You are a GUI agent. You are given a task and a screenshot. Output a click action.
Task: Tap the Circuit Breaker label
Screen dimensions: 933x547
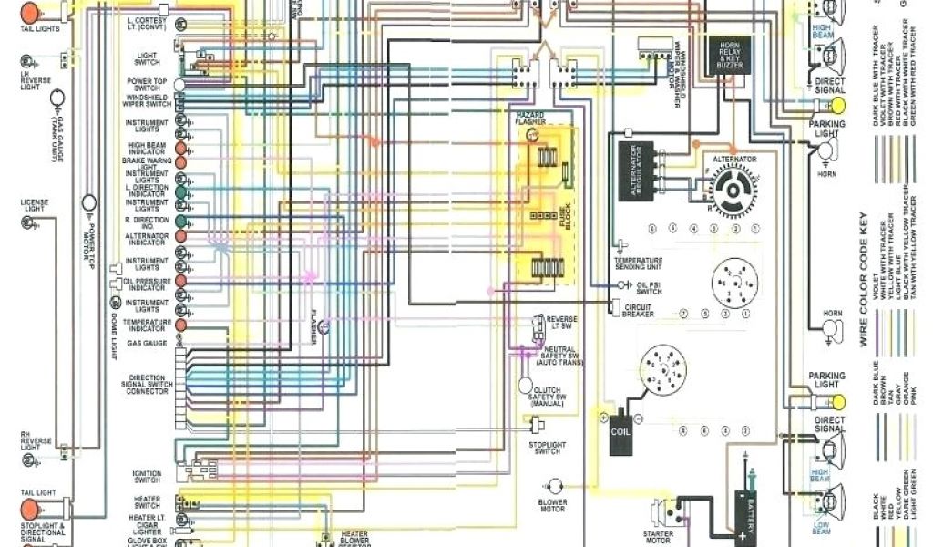pyautogui.click(x=638, y=311)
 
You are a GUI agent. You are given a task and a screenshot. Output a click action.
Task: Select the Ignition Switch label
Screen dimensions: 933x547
pyautogui.click(x=147, y=476)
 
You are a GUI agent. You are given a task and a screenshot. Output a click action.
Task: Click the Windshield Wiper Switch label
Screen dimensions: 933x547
pyautogui.click(x=147, y=100)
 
